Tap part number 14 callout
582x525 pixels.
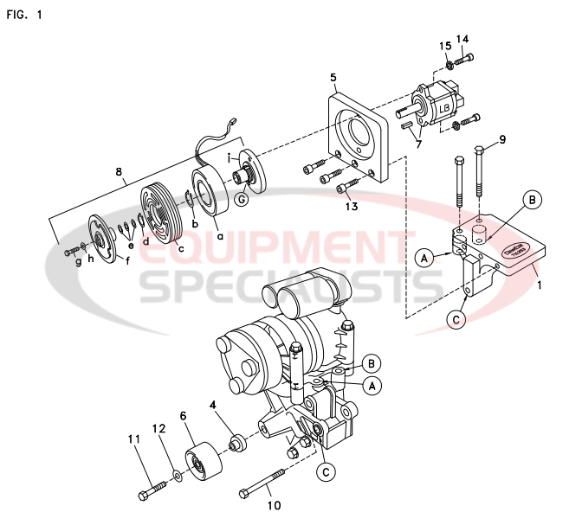click(x=462, y=39)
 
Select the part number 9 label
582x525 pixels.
click(x=501, y=138)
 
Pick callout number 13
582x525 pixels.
click(x=351, y=206)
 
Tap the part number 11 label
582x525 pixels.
click(x=134, y=439)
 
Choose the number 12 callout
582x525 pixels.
click(x=159, y=428)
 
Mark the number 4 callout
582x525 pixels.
click(x=211, y=403)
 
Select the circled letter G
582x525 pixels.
click(x=241, y=200)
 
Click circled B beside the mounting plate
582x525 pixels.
click(x=534, y=200)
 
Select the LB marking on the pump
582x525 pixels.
click(x=444, y=108)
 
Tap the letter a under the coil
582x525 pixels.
click(x=218, y=235)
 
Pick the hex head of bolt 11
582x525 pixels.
click(x=142, y=496)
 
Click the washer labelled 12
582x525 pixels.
click(x=176, y=474)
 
